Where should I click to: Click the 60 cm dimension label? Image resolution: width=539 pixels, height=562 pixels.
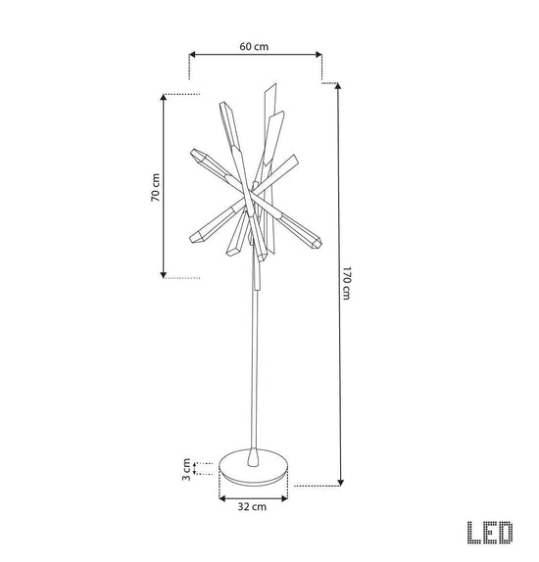click(x=254, y=47)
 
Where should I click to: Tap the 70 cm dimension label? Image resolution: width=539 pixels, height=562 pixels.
click(x=156, y=187)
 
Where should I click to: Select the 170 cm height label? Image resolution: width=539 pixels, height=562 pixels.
click(x=346, y=283)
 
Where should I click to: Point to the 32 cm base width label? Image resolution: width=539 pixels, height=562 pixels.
click(x=252, y=507)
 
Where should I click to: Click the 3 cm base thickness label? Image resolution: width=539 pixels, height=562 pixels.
click(x=186, y=469)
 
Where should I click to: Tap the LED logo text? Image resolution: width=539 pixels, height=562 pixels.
click(x=490, y=533)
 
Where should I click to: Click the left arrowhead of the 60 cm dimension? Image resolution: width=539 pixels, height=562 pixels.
click(x=192, y=55)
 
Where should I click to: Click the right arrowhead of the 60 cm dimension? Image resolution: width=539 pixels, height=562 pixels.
click(x=318, y=55)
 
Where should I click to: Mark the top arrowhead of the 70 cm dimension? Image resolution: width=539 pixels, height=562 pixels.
click(x=164, y=98)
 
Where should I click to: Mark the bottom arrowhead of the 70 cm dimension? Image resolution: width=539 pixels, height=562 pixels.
click(x=164, y=275)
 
